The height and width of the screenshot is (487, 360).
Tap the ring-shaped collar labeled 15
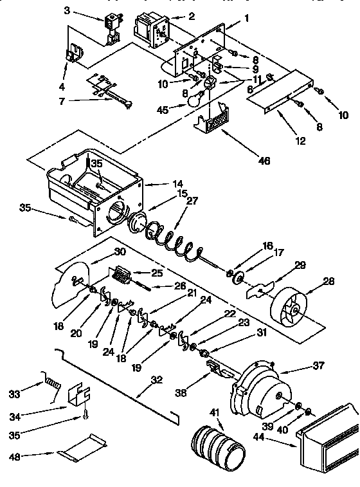coord(139,222)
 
